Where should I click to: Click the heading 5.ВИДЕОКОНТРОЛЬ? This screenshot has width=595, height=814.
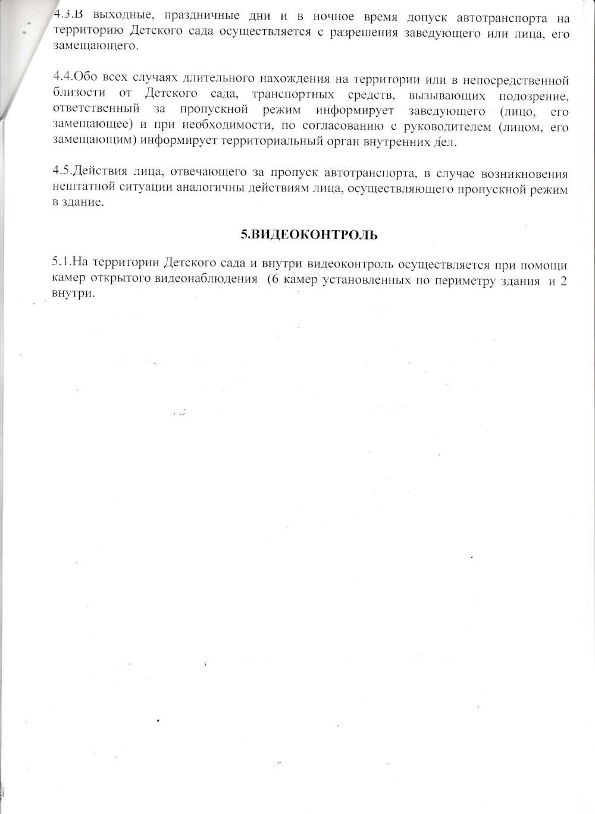(x=309, y=235)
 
